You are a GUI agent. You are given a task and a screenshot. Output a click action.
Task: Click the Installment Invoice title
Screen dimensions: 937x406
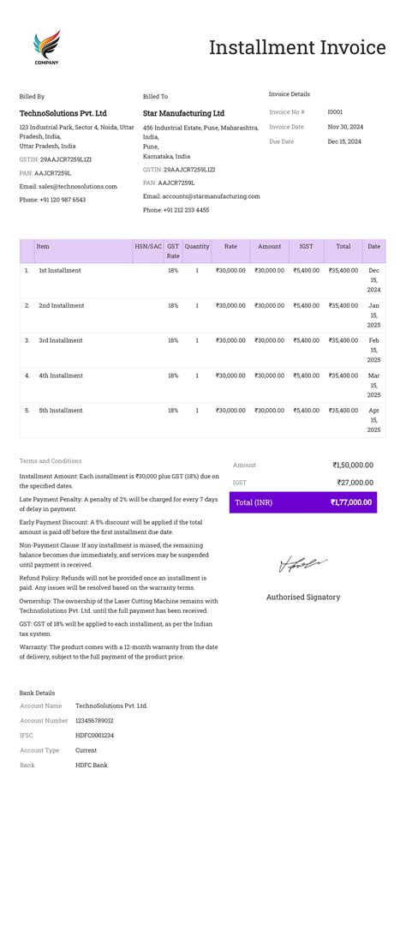click(x=297, y=48)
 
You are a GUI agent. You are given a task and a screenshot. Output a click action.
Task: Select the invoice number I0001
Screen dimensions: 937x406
click(x=335, y=112)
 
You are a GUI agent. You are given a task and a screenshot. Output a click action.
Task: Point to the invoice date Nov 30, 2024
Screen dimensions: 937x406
click(x=345, y=127)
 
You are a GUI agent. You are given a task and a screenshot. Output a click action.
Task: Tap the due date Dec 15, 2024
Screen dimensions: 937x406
click(x=344, y=141)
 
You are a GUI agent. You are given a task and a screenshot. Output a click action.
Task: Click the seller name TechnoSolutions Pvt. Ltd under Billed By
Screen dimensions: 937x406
click(x=63, y=113)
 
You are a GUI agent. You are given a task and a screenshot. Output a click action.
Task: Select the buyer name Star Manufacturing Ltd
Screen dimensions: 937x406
click(x=183, y=113)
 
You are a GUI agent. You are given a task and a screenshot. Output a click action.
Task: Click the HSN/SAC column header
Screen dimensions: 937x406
click(x=147, y=247)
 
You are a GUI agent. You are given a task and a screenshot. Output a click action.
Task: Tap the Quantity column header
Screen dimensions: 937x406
click(x=197, y=247)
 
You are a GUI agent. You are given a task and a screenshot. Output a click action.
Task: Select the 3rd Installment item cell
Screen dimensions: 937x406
click(x=61, y=341)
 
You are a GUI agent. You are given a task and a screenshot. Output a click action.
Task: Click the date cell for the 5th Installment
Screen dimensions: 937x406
click(x=373, y=420)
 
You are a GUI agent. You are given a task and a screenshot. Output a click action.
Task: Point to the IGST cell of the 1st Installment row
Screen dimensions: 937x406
click(x=306, y=271)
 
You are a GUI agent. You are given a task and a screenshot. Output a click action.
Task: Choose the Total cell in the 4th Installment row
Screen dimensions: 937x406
click(x=343, y=375)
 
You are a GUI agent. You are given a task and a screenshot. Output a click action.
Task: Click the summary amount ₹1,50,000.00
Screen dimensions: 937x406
click(x=352, y=465)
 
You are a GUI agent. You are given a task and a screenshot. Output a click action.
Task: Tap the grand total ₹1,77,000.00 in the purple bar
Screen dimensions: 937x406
click(x=350, y=502)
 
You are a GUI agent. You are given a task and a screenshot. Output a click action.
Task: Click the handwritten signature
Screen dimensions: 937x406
click(x=302, y=564)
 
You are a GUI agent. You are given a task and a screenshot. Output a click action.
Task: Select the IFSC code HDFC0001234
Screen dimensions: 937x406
click(x=94, y=736)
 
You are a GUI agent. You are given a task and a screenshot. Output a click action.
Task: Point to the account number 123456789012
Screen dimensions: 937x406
click(x=94, y=721)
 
